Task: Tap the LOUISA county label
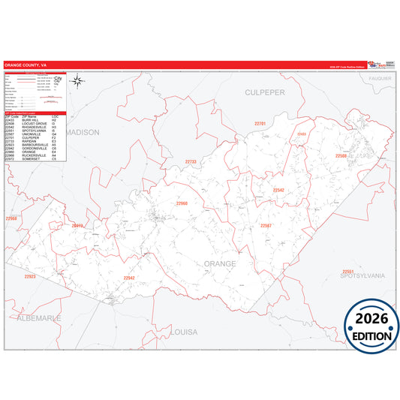tap(183, 331)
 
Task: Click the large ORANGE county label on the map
tap(219, 264)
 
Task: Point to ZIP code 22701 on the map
tap(260, 122)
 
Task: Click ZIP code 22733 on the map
tap(191, 161)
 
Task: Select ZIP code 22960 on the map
tap(182, 203)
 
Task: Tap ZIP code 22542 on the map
tap(278, 190)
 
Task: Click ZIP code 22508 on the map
tap(341, 156)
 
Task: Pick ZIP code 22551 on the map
tap(347, 271)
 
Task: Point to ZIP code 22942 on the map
tap(128, 278)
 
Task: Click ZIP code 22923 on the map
tap(29, 277)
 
